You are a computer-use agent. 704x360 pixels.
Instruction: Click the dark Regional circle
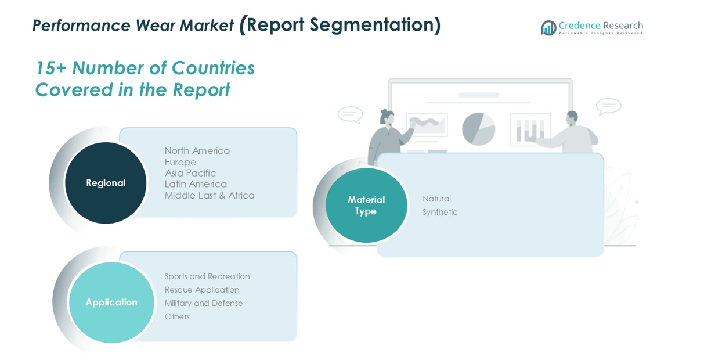[106, 183]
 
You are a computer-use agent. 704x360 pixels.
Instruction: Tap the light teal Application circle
[111, 303]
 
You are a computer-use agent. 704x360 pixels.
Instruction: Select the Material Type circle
[366, 206]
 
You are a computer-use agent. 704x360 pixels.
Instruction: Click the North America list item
[197, 151]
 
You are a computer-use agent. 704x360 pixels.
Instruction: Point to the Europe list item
[180, 162]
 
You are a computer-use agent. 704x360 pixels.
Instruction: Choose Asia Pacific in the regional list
[190, 173]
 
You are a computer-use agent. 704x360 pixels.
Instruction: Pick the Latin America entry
[195, 184]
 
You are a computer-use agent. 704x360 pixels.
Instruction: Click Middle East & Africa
[209, 195]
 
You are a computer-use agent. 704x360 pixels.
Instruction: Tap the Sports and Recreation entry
[207, 276]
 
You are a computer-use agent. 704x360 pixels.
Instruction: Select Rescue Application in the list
[201, 290]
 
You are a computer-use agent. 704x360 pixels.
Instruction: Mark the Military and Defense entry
[203, 303]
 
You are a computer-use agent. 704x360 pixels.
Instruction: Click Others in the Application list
[177, 316]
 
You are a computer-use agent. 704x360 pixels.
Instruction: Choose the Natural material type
[436, 199]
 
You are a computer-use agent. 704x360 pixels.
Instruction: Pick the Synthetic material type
[440, 212]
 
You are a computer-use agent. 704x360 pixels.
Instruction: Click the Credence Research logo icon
[548, 27]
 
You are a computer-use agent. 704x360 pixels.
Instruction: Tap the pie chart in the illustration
[478, 128]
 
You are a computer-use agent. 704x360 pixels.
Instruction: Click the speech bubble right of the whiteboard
[608, 106]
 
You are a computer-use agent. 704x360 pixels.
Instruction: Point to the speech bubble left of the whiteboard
[350, 114]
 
